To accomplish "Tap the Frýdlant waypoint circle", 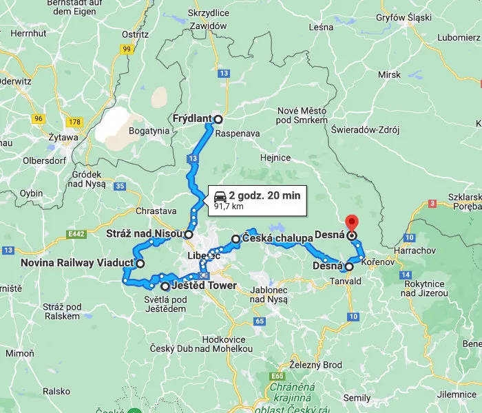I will pos(218,118).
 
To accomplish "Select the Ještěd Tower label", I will pos(204,286).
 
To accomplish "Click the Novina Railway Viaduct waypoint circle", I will pos(140,263).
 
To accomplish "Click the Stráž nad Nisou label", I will pos(144,234).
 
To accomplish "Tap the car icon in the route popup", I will pos(220,195).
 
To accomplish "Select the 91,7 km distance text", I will pos(229,206).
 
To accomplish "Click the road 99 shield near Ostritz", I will pos(127,49).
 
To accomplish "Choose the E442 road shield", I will pos(76,235).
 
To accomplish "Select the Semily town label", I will pos(357,399).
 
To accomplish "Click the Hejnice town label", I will pos(275,158).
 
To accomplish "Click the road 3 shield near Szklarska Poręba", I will pos(432,203).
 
